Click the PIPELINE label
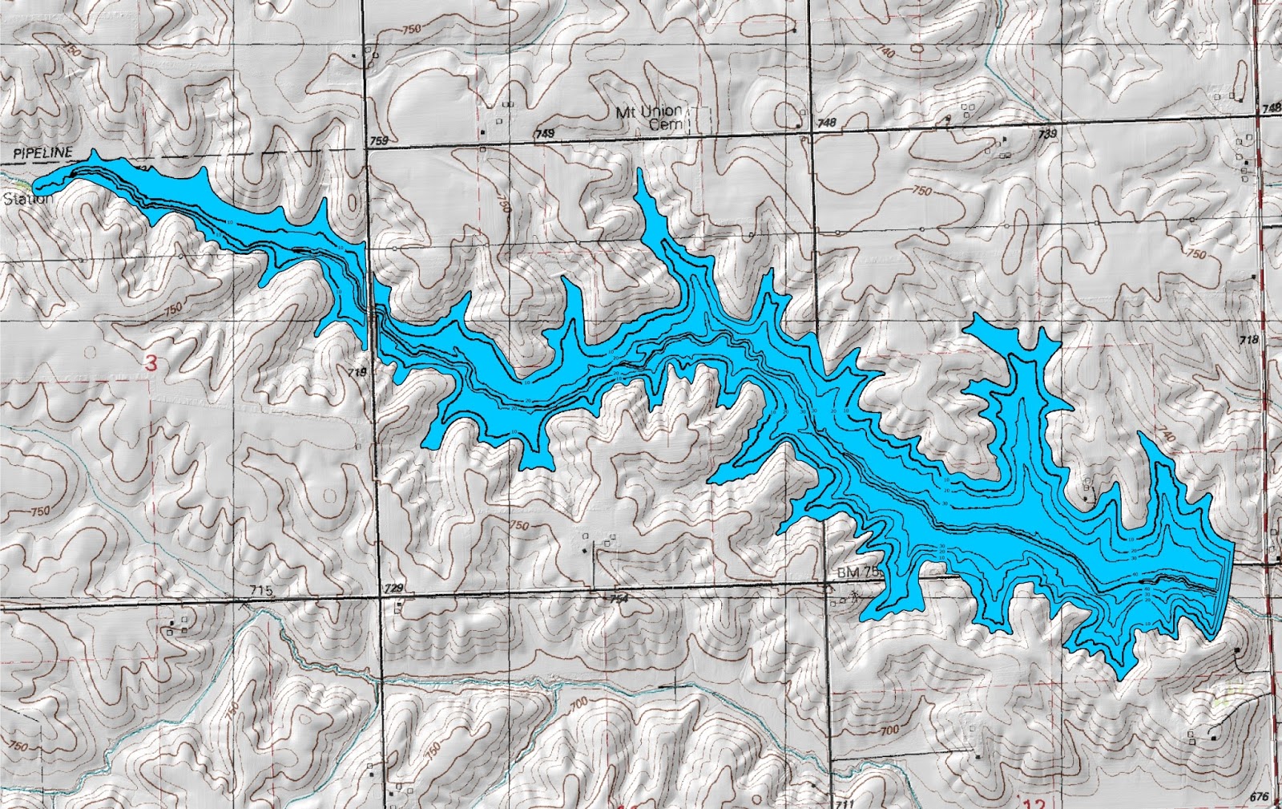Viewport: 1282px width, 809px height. [x=42, y=152]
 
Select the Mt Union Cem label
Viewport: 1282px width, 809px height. [x=650, y=117]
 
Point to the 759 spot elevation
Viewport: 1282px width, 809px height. [x=379, y=141]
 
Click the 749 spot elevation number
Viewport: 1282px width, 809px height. [x=544, y=135]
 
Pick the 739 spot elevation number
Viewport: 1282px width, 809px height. [x=1046, y=134]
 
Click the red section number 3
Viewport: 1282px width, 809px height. [x=151, y=362]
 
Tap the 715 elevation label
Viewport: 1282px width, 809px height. [x=261, y=591]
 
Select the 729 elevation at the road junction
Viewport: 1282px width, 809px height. [x=393, y=589]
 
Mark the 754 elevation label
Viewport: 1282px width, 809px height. [x=619, y=599]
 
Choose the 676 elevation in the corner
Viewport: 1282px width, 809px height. [x=1259, y=796]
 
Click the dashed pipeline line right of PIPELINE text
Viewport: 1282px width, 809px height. [x=200, y=151]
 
